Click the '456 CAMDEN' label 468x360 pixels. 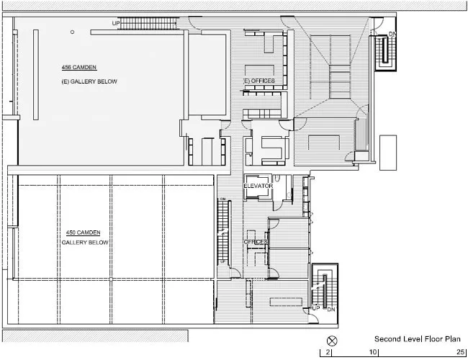(79, 68)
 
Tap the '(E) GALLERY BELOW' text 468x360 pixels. (89, 81)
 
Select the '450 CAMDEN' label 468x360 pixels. (83, 233)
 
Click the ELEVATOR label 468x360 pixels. (258, 186)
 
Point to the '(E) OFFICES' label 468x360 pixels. (259, 81)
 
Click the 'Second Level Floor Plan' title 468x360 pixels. (418, 339)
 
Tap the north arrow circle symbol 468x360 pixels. (332, 341)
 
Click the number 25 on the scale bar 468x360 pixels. (461, 352)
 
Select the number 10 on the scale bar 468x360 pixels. (373, 352)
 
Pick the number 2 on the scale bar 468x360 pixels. (328, 352)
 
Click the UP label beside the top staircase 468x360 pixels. (116, 23)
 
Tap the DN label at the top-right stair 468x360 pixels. (392, 34)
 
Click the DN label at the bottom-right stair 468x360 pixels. (331, 310)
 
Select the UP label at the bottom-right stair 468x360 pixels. (316, 308)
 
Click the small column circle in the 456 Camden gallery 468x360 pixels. (72, 32)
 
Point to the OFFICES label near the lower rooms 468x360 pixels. (256, 242)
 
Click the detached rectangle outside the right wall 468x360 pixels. (388, 153)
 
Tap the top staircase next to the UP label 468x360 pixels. (148, 23)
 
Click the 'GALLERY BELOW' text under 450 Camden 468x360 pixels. (85, 243)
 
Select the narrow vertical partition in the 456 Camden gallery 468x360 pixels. (36, 75)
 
